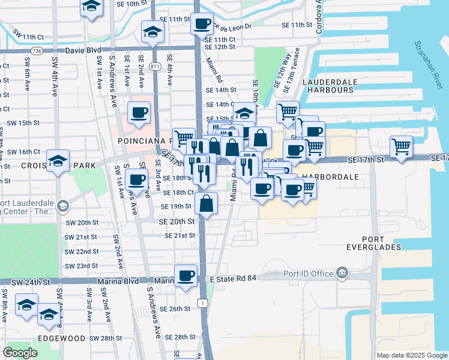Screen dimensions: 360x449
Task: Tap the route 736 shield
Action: (37, 52)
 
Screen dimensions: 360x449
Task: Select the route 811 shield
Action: (155, 65)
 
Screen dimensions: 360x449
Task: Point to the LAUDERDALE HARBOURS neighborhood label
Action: (330, 86)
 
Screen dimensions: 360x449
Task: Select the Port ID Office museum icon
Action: (343, 274)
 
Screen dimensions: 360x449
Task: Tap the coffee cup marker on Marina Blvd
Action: (185, 275)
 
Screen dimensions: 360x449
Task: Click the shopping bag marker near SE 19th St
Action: (206, 204)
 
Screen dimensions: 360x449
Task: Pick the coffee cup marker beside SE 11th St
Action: (202, 24)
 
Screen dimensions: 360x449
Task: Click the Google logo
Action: (20, 353)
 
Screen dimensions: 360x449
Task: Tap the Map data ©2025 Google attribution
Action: (411, 355)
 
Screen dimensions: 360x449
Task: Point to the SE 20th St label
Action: (177, 221)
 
